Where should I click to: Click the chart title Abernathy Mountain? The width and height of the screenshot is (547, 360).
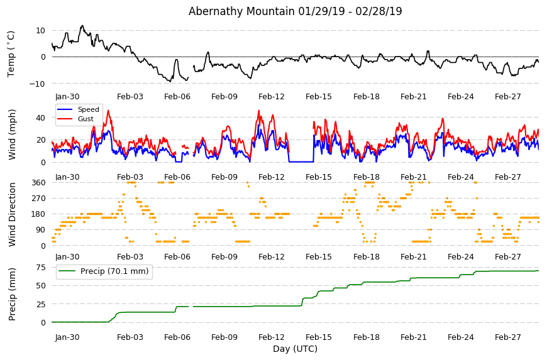click(241, 11)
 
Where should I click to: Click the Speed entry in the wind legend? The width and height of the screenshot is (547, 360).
click(88, 109)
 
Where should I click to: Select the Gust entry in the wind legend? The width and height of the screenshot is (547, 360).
click(86, 119)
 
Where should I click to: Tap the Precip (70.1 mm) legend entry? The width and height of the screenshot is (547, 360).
click(114, 271)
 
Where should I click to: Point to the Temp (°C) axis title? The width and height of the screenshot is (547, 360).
click(11, 54)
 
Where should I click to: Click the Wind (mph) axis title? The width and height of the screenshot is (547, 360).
click(12, 134)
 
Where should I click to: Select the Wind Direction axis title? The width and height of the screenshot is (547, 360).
click(12, 214)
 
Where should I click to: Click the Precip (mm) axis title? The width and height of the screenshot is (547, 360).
click(12, 294)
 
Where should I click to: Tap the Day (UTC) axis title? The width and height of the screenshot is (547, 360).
click(295, 349)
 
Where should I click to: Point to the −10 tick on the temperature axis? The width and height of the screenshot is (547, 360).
click(37, 84)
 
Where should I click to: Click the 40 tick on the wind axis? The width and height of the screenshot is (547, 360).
click(40, 117)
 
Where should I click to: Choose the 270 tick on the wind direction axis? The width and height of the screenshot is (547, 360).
click(38, 199)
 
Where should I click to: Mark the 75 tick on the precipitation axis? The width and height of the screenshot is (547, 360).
click(41, 267)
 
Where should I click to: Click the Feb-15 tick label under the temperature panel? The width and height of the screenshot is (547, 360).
click(319, 97)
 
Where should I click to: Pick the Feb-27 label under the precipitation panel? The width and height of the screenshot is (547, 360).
click(507, 337)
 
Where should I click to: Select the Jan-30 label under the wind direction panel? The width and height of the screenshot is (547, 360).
click(67, 257)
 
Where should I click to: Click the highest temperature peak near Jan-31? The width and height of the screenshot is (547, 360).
click(82, 26)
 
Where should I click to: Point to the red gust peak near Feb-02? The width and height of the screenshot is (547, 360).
click(108, 111)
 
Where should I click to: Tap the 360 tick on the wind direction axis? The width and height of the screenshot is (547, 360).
click(38, 183)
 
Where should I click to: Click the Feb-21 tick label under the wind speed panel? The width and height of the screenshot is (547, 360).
click(413, 177)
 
